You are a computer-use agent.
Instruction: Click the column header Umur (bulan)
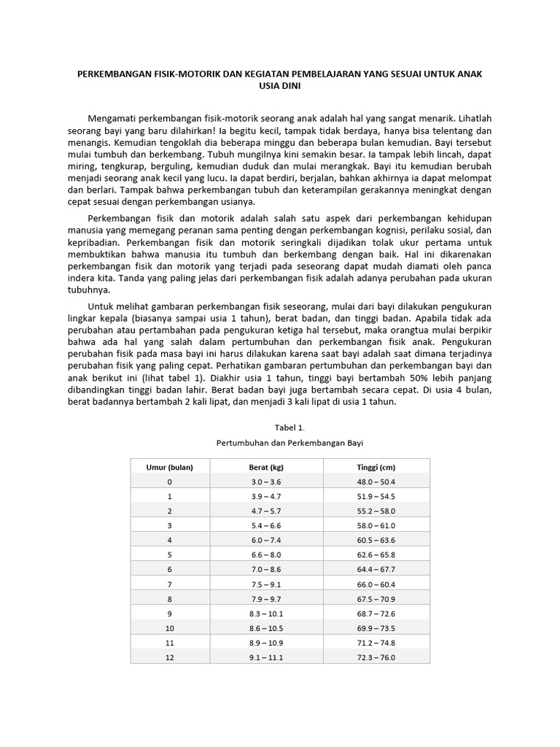coord(169,467)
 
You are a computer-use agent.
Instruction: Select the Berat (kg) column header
coord(266,467)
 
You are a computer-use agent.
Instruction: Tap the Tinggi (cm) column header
coord(377,467)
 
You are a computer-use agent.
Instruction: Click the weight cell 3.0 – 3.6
coord(266,481)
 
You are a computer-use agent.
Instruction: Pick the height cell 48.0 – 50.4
coord(377,481)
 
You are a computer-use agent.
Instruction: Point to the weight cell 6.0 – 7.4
coord(266,540)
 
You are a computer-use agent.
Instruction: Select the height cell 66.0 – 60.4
coord(377,584)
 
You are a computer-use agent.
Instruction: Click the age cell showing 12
coord(169,657)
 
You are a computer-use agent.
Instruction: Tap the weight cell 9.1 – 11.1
coord(266,657)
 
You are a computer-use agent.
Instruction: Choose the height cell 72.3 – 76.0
coord(377,657)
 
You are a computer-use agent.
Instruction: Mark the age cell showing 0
coord(169,481)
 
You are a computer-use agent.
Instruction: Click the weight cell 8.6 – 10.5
coord(266,627)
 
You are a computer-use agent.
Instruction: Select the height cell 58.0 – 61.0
coord(377,525)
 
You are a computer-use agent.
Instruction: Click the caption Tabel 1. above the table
coord(289,427)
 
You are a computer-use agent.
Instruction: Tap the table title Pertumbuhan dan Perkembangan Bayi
coord(289,443)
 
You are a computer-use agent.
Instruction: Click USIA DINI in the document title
coord(280,85)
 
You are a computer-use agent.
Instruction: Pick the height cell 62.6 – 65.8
coord(377,554)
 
